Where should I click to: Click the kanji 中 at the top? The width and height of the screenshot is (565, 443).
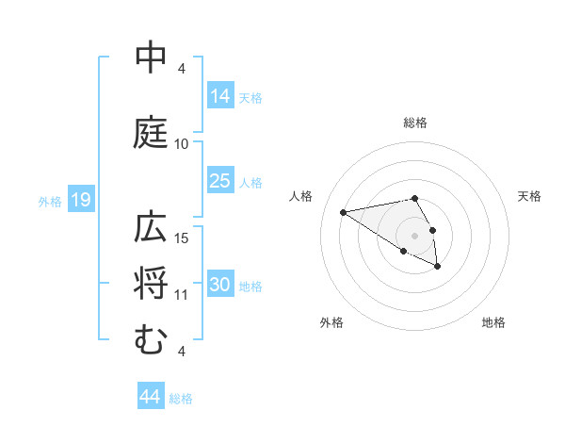(x=152, y=58)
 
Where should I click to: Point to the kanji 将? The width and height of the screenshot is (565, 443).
(x=152, y=284)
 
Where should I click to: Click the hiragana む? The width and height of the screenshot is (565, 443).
(x=151, y=338)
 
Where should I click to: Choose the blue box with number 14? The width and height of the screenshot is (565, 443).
(x=220, y=95)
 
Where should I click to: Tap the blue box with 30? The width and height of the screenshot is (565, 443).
(x=220, y=285)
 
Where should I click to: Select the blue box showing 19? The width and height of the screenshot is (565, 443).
(x=80, y=200)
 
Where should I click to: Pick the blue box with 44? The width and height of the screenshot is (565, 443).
(x=151, y=397)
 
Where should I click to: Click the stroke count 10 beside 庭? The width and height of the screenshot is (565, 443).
(x=182, y=144)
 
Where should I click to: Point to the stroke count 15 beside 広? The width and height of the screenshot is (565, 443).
(x=182, y=238)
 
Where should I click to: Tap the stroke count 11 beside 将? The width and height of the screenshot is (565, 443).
(x=182, y=295)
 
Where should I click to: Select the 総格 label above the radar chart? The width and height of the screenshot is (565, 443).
(x=415, y=123)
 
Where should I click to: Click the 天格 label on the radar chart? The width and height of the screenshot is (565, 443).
(x=529, y=196)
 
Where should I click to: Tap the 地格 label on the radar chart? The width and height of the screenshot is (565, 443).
(x=493, y=322)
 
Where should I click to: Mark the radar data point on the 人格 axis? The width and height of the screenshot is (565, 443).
(x=344, y=211)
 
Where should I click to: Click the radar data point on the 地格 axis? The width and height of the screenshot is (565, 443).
(x=438, y=267)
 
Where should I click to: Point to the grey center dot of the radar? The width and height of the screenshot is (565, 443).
(x=415, y=235)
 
